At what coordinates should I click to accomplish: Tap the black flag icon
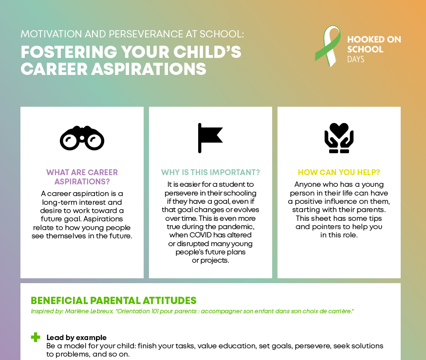tap(210, 138)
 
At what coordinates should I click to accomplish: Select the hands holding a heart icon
tap(339, 138)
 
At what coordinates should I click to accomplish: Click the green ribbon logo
tap(328, 46)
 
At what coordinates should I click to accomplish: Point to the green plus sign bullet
tap(36, 337)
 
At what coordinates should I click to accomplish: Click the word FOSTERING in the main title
tap(69, 52)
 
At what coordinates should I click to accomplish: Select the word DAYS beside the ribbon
tap(355, 59)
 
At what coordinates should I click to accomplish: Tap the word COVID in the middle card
tap(200, 235)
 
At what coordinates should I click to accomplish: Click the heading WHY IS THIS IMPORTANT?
tap(210, 172)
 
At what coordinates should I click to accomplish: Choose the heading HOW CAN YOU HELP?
tap(339, 172)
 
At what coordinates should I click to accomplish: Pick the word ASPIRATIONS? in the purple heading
tap(82, 181)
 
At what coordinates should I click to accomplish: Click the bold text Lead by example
tap(76, 338)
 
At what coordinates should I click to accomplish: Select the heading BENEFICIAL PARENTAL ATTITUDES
tap(113, 301)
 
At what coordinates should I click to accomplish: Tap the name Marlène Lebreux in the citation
tap(89, 311)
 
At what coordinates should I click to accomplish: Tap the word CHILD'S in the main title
tap(207, 52)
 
